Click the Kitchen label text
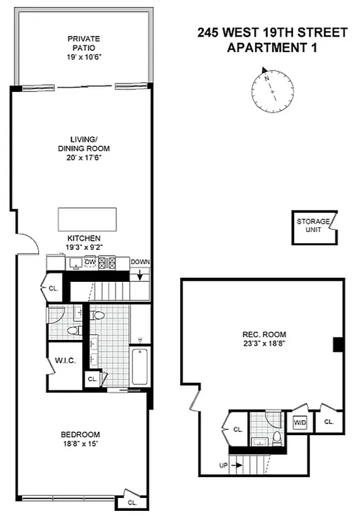click(x=83, y=238)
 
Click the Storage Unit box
click(x=313, y=226)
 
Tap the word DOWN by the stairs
click(x=140, y=262)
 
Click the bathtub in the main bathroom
click(x=140, y=367)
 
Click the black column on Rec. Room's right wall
click(x=338, y=345)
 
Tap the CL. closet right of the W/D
click(x=328, y=422)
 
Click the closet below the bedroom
click(x=132, y=502)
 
